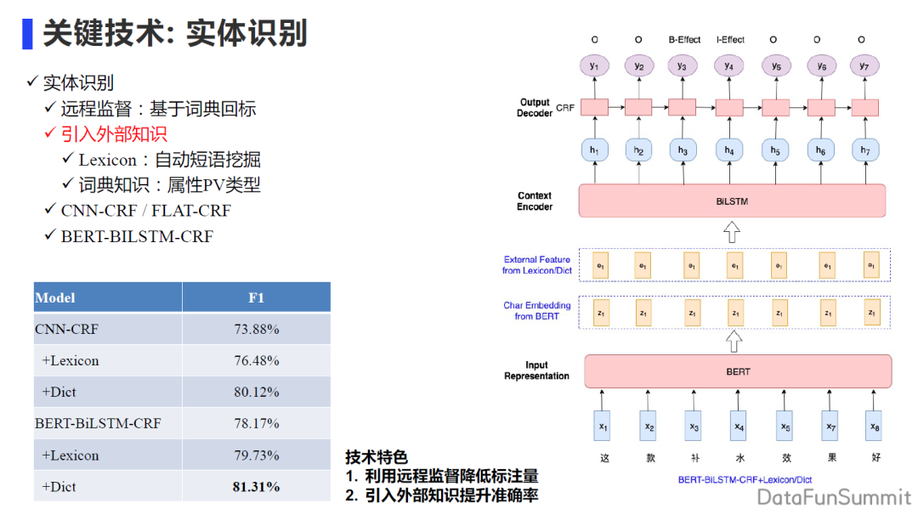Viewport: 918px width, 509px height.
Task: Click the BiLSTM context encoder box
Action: (732, 201)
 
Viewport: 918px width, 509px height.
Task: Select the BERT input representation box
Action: (738, 371)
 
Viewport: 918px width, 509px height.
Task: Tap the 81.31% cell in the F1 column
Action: (256, 487)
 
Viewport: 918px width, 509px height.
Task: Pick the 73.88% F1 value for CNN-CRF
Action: (256, 329)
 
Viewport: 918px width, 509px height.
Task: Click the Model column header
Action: (55, 297)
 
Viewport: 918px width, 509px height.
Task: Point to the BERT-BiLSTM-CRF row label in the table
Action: (98, 423)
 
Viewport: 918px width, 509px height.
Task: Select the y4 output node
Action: (728, 65)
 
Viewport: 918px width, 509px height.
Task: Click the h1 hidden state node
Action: (594, 150)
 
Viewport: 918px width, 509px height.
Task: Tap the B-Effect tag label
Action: (684, 39)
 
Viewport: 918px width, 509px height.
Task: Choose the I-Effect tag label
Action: (730, 39)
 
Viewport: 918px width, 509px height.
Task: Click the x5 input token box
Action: (785, 426)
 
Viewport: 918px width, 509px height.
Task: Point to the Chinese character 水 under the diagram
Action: (739, 459)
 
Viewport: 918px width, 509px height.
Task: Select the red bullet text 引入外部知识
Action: (114, 133)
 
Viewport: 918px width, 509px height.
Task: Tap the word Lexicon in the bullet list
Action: (107, 160)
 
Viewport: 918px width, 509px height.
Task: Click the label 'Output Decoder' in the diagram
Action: (535, 108)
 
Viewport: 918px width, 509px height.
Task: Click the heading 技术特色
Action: (377, 457)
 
